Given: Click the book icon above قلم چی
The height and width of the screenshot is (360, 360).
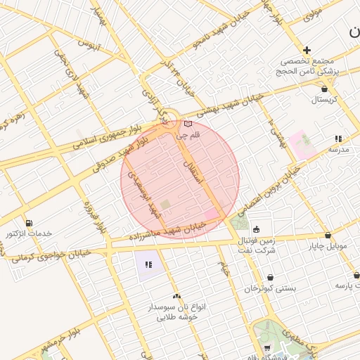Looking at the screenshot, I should tap(188, 124).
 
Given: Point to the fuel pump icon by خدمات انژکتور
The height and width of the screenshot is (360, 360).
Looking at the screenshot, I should tap(29, 222).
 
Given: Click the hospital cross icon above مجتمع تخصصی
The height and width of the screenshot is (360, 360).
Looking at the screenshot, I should tap(307, 50).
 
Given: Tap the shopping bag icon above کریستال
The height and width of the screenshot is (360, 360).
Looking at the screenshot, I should tap(324, 89).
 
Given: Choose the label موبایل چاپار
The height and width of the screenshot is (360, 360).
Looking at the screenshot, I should tap(328, 246).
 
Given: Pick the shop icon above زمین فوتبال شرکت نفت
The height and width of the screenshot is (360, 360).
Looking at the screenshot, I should tap(255, 229).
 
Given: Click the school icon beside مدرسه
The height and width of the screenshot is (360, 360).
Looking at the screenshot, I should tap(338, 139).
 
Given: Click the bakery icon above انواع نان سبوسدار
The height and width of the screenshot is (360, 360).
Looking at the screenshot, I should tap(176, 296).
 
